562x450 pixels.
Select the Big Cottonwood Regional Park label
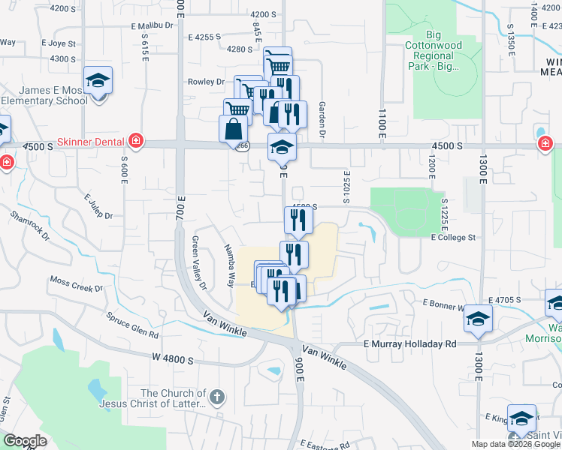coord(433,49)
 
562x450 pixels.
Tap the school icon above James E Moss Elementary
coord(97,79)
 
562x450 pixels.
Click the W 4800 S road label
coord(173,360)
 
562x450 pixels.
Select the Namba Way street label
coord(228,265)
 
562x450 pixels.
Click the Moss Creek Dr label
coord(76,283)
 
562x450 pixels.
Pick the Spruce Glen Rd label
coord(133,324)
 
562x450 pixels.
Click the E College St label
coord(453,237)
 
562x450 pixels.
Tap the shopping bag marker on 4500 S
coord(233,128)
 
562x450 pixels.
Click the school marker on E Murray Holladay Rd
coord(478,318)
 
